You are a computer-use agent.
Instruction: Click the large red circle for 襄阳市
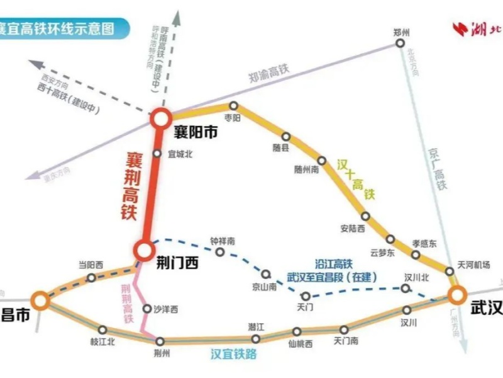pos(160,117)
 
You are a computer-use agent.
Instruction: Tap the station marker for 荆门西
pos(143,250)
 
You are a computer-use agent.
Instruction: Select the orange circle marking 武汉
pos(456,294)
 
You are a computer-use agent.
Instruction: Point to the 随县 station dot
pos(285,136)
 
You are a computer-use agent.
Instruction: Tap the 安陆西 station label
pos(352,229)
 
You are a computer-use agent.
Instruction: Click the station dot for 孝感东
pos(416,255)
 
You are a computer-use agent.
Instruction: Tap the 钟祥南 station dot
pos(220,252)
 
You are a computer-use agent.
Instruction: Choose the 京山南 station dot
pos(266,274)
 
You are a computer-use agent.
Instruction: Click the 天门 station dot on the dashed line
pos(306,295)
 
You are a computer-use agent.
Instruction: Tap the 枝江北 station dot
pos(102,329)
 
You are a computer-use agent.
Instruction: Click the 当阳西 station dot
pos(91,277)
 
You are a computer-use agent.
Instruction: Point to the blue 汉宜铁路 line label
pos(233,354)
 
